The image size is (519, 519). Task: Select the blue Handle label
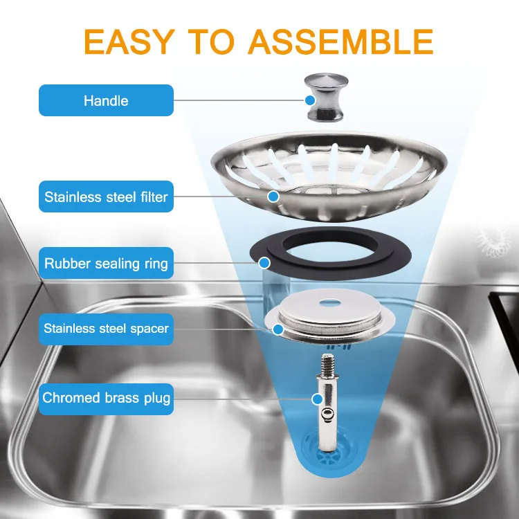(x=106, y=100)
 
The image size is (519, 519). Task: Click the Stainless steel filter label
(x=106, y=197)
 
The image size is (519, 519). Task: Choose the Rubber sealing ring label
(x=106, y=264)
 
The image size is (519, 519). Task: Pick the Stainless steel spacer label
(x=106, y=328)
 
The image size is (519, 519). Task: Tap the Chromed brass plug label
(x=106, y=398)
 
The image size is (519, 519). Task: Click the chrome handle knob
(x=320, y=97)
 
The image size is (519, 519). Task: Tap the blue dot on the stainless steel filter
(x=273, y=197)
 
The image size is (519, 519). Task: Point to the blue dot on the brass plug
(x=318, y=399)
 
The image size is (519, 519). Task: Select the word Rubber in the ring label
(x=64, y=264)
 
